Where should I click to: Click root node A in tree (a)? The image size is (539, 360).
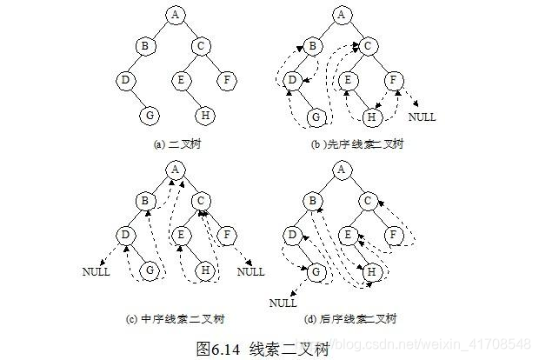(176, 14)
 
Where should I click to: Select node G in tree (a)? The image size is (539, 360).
(150, 115)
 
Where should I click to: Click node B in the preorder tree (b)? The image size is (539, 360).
(314, 47)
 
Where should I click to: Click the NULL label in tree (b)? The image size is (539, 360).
(423, 117)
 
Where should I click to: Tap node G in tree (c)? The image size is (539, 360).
(150, 271)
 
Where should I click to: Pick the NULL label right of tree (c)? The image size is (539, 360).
(250, 272)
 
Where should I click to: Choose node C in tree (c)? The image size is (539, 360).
(203, 203)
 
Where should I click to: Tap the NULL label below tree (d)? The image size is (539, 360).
(283, 303)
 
